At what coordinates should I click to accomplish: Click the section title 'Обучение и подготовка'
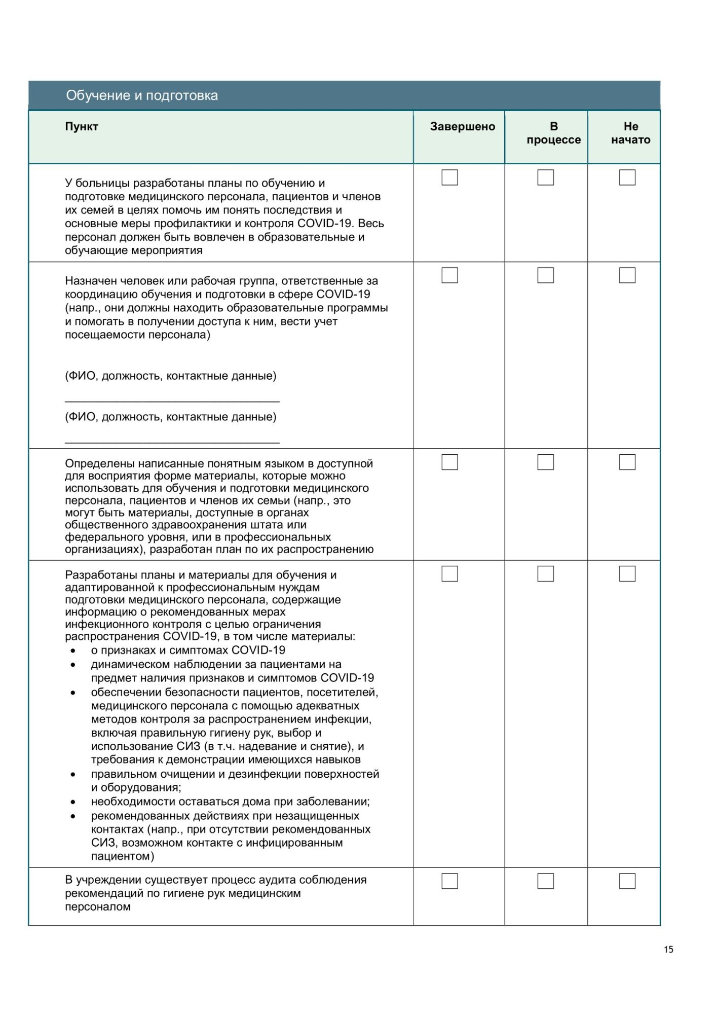[x=142, y=95]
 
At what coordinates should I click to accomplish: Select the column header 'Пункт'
[x=81, y=126]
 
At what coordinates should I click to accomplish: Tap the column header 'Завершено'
[x=462, y=126]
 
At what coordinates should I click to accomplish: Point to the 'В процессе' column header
[x=553, y=133]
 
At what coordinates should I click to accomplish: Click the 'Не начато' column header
[x=630, y=133]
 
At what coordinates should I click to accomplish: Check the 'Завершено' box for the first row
[x=449, y=177]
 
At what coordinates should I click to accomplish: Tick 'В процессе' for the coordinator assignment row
[x=545, y=275]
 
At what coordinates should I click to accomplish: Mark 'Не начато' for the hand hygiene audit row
[x=627, y=881]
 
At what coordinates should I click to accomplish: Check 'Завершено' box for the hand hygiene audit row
[x=449, y=881]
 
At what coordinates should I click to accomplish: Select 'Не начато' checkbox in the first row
[x=627, y=177]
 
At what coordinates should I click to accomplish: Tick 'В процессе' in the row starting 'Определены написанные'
[x=545, y=462]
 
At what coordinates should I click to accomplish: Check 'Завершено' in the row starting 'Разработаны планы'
[x=449, y=573]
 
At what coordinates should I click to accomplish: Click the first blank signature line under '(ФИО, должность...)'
[x=172, y=401]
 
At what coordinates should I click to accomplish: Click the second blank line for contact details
[x=172, y=442]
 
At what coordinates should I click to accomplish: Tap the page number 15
[x=668, y=950]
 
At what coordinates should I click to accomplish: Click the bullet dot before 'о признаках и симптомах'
[x=73, y=650]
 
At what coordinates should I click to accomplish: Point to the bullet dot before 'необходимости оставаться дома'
[x=73, y=802]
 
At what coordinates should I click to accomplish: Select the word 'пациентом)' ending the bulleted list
[x=123, y=856]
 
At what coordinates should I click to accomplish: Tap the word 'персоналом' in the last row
[x=98, y=907]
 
